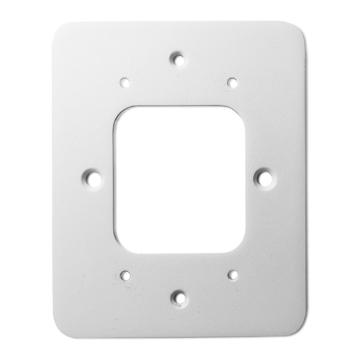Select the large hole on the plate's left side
pos(93,178)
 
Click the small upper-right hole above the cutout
pos(231,81)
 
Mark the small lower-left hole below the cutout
pos(124,275)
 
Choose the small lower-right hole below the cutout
pos(231,275)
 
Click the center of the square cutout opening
pos(178,179)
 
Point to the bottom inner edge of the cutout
pos(178,251)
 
